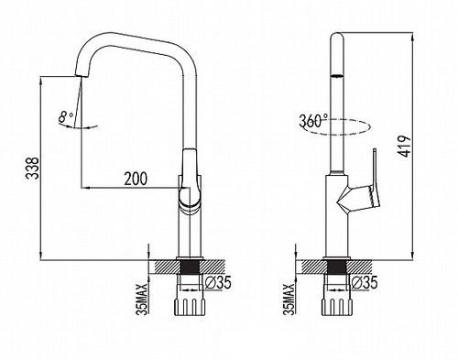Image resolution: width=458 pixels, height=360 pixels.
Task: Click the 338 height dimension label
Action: pos(32,168)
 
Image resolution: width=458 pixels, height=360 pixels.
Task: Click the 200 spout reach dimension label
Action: pos(136,179)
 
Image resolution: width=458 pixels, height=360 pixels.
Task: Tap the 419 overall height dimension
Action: pos(404,147)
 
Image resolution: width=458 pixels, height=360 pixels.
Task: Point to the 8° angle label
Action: pos(66,116)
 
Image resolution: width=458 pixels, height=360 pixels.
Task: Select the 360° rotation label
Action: pos(313,121)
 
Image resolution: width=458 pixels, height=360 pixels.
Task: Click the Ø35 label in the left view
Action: pos(218,282)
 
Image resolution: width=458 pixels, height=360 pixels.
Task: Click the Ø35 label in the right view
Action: pos(365,282)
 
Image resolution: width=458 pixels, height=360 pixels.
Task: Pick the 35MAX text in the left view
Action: pos(143,300)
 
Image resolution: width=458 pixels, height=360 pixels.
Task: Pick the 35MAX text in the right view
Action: pos(289,300)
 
